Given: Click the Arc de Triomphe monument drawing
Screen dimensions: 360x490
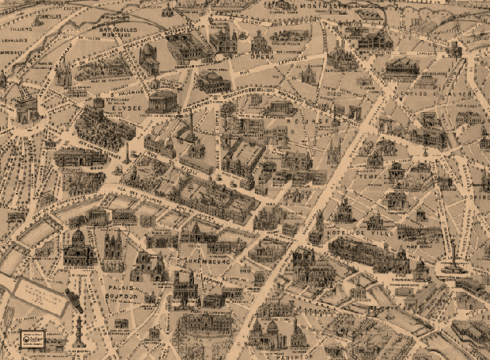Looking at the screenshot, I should (x=26, y=109).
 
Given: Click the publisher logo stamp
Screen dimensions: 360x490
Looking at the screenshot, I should (x=32, y=338).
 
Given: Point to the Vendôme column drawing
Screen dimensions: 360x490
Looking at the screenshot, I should (x=191, y=124).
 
